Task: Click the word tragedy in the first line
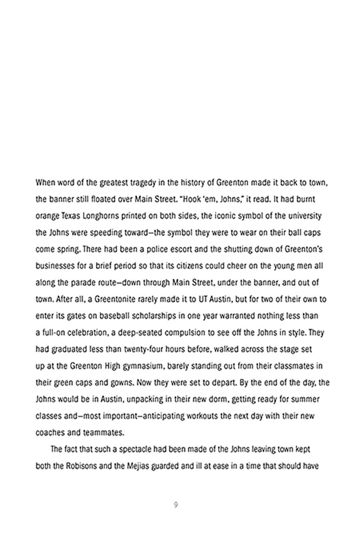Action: pyautogui.click(x=140, y=183)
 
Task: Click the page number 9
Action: pyautogui.click(x=176, y=505)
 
